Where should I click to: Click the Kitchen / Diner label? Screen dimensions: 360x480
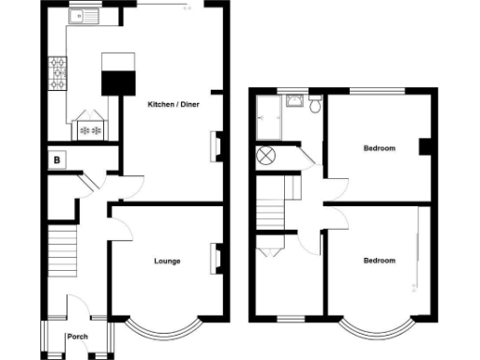point(171,104)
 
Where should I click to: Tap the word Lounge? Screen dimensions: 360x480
point(167,261)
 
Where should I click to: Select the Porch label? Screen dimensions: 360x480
point(77,337)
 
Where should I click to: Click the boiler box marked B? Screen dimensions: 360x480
point(57,160)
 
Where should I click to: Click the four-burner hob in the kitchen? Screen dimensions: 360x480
point(56,69)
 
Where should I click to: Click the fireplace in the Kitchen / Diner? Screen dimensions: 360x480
point(217,146)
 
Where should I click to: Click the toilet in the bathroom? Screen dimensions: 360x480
point(315,106)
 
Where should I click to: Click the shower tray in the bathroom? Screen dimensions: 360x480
point(268,116)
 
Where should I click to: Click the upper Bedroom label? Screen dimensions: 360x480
point(379,148)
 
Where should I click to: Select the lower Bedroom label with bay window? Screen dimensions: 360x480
point(379,260)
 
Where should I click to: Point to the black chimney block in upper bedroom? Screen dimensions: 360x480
point(426,146)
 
